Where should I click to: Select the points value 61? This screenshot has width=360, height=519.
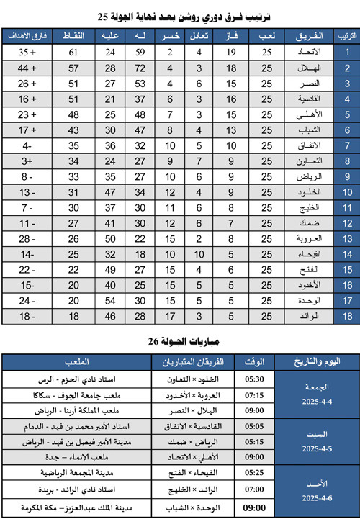pyautogui.click(x=73, y=53)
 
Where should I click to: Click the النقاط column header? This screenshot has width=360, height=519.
pyautogui.click(x=74, y=35)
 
